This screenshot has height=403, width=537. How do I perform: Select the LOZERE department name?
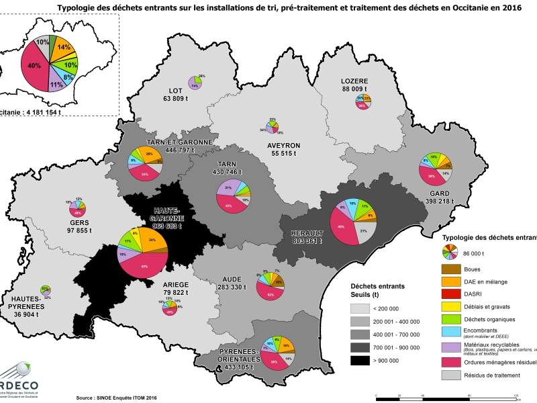(356, 81)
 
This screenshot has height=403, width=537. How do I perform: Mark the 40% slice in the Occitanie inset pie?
(34, 66)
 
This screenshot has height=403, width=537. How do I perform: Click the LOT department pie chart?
(195, 83)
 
